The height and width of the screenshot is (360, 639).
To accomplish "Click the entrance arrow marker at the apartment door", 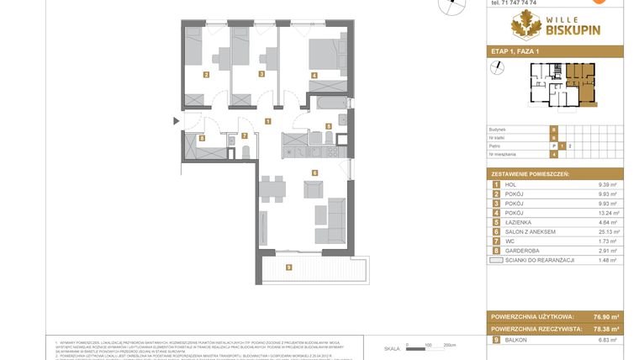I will (176, 121).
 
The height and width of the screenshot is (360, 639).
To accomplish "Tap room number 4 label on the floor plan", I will (314, 75).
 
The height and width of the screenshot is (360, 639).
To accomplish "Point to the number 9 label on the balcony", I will (288, 268).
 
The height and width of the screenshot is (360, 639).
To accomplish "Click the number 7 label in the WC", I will (244, 135).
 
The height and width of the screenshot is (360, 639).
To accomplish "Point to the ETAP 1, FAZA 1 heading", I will (515, 52).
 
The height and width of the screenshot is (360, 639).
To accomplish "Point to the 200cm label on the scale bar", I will (449, 345).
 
